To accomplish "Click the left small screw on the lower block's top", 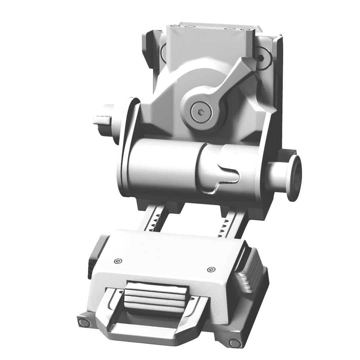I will coord(117,261).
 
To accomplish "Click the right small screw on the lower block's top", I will coord(210,269).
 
